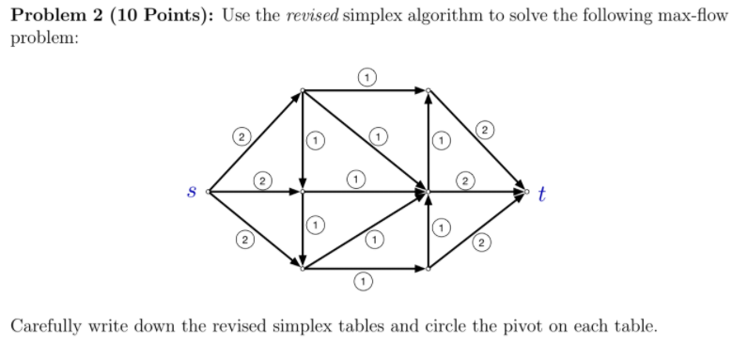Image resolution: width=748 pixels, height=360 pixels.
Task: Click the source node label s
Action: pos(192,194)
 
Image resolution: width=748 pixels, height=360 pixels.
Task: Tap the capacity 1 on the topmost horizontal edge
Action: pos(366,75)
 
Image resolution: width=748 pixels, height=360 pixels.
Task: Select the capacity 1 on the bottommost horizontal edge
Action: pos(361,281)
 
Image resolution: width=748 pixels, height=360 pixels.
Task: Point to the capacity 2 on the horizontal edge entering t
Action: pos(465,178)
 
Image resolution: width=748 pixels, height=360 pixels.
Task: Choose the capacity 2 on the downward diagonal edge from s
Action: pos(244,243)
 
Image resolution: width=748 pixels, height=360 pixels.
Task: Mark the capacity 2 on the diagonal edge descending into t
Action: pos(484,129)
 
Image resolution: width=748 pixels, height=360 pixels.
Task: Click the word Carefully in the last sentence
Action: pos(48,326)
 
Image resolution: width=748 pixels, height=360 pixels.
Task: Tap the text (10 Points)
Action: pos(156,20)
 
